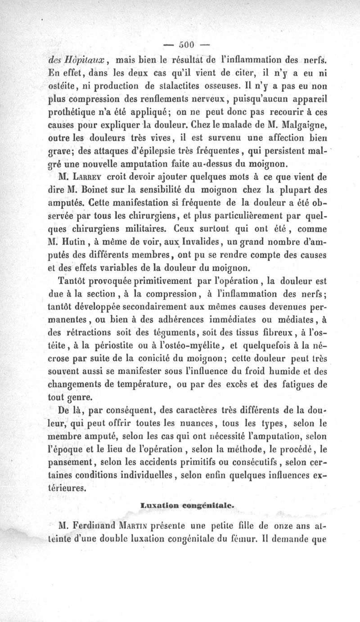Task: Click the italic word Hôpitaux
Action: [x=86, y=59]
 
